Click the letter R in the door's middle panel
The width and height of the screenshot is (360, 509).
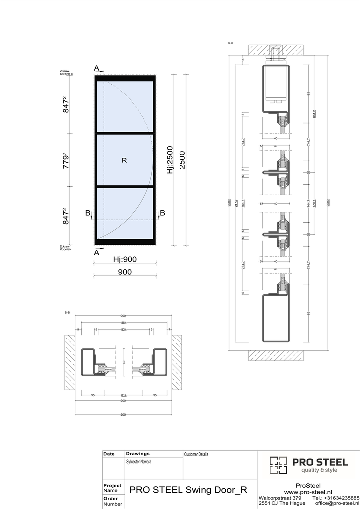[x=124, y=160]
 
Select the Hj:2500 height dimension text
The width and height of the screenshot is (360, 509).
[x=170, y=160]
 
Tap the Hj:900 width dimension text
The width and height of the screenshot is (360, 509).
[x=125, y=259]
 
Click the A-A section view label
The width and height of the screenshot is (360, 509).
[x=230, y=43]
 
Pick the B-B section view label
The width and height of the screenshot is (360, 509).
[x=67, y=312]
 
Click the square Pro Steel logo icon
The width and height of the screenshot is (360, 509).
[x=278, y=465]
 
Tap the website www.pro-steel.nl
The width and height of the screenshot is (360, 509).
[x=308, y=491]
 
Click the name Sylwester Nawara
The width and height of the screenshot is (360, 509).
[x=139, y=462]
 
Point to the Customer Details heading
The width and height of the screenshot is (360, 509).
[x=196, y=454]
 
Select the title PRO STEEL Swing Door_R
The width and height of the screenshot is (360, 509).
[x=188, y=489]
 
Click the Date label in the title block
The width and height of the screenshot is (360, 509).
[x=109, y=454]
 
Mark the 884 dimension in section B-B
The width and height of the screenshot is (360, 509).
[x=123, y=323]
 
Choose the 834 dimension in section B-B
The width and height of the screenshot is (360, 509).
[x=123, y=329]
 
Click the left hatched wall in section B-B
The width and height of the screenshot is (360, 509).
[x=69, y=362]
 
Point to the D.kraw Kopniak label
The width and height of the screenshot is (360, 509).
[x=66, y=248]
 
